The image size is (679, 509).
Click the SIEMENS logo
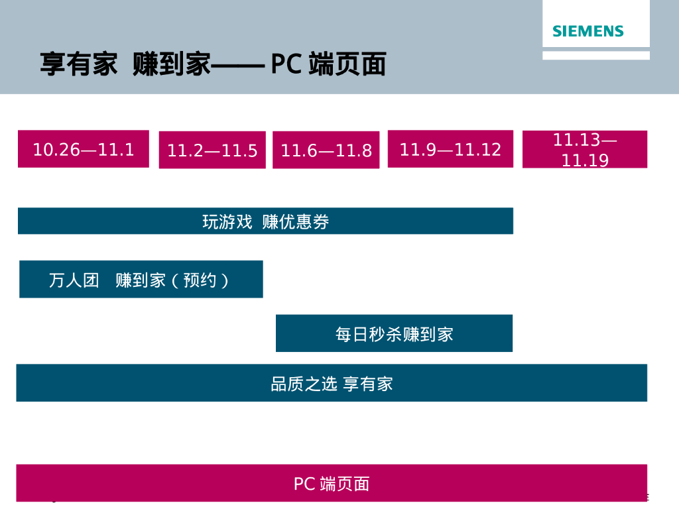pyautogui.click(x=588, y=31)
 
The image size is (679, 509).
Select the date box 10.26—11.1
pyautogui.click(x=84, y=149)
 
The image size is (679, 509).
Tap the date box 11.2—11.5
pyautogui.click(x=212, y=150)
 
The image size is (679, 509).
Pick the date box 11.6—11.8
pyautogui.click(x=326, y=150)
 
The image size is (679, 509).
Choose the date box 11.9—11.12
pyautogui.click(x=450, y=149)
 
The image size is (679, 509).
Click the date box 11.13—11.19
pyautogui.click(x=585, y=150)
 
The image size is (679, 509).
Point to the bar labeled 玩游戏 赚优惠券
pyautogui.click(x=265, y=221)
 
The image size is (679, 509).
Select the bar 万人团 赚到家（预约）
pyautogui.click(x=141, y=280)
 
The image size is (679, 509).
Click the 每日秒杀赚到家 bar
pyautogui.click(x=394, y=333)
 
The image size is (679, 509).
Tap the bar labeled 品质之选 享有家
pyautogui.click(x=332, y=383)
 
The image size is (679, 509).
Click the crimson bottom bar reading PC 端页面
pyautogui.click(x=332, y=483)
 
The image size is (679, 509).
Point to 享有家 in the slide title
pyautogui.click(x=78, y=65)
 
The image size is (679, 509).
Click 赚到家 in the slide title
pyautogui.click(x=171, y=65)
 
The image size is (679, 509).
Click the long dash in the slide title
pyautogui.click(x=239, y=65)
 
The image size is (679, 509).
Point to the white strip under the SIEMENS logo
pyautogui.click(x=595, y=56)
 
